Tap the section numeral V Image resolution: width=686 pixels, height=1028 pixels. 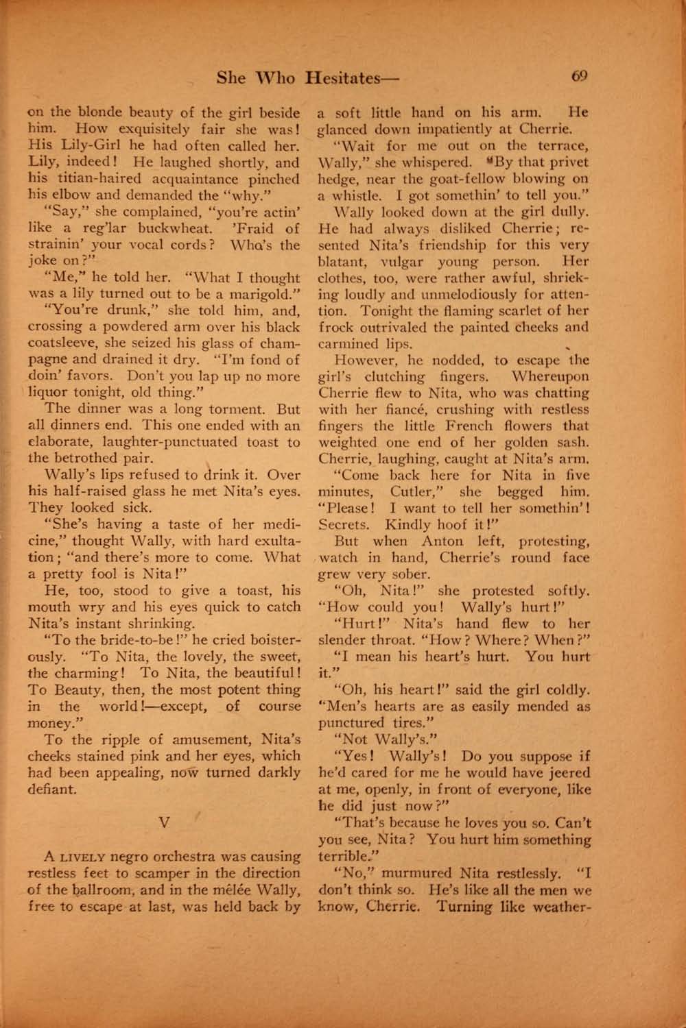(164, 823)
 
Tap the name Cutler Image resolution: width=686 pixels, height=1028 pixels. (412, 491)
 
